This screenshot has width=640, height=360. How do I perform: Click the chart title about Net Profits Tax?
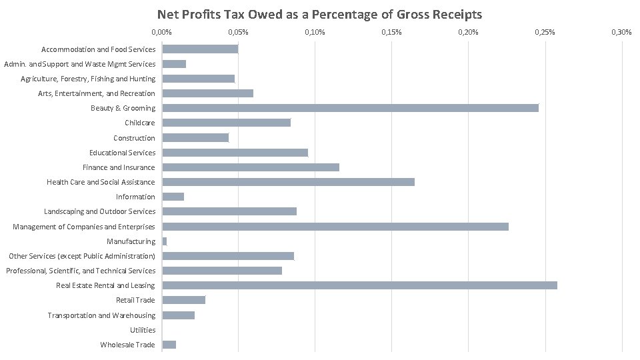click(319, 14)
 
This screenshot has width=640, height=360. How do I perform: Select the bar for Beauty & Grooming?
click(350, 108)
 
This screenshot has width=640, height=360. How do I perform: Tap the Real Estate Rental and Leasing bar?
click(359, 285)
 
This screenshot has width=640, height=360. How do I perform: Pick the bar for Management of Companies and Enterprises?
click(335, 227)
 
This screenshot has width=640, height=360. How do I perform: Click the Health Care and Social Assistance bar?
click(288, 182)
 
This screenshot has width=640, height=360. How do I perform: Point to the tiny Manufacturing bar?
click(165, 241)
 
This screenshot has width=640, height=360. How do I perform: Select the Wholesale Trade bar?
click(169, 345)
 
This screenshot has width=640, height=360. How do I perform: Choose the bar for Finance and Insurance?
click(251, 167)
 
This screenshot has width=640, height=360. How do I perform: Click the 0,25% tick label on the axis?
click(545, 32)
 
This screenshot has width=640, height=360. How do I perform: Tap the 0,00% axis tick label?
click(161, 32)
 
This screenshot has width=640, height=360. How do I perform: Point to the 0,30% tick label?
click(621, 32)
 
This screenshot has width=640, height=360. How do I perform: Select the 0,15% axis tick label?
click(391, 32)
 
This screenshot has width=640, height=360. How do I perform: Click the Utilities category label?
click(143, 330)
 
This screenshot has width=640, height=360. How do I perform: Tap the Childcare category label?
click(139, 123)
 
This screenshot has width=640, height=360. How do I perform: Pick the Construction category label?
click(134, 138)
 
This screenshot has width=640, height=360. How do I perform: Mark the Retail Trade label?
click(135, 300)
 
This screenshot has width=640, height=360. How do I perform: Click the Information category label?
click(135, 197)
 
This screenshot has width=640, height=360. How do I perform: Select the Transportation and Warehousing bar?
click(178, 315)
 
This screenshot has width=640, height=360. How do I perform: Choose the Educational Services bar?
click(235, 153)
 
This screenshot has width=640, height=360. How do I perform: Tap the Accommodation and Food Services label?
click(98, 49)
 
